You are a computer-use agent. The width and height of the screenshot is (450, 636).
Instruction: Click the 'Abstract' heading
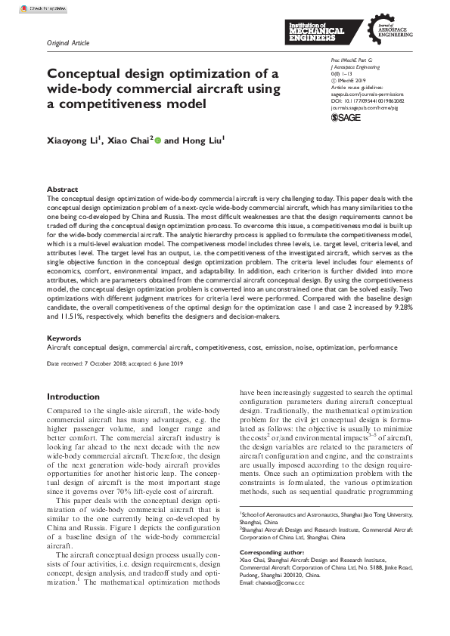click(62, 190)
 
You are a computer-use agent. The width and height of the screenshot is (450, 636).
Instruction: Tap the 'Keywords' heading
click(64, 338)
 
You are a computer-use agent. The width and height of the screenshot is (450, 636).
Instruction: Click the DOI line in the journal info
click(367, 100)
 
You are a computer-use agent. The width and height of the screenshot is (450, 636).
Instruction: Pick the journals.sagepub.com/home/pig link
click(364, 107)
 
